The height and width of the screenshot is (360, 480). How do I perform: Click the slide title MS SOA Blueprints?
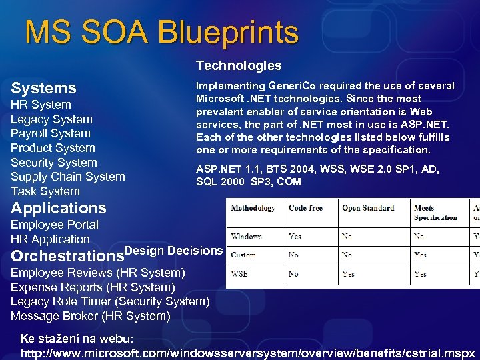[x=161, y=32]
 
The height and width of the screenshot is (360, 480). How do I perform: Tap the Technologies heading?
[x=238, y=65]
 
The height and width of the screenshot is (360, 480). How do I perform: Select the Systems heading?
[x=43, y=88]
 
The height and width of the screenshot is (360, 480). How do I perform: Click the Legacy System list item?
[x=51, y=119]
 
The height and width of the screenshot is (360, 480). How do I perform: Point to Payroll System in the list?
[x=50, y=133]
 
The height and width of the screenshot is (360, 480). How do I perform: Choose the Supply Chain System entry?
[x=67, y=177]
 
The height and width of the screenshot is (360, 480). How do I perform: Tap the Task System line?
[x=45, y=191]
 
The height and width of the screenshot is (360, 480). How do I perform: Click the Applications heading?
[x=58, y=208]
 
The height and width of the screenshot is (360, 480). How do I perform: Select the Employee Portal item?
[x=54, y=225]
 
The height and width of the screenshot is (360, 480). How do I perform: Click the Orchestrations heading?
[x=67, y=256]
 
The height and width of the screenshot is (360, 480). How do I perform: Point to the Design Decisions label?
[x=173, y=250]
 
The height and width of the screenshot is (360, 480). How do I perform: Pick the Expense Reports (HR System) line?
[x=93, y=287]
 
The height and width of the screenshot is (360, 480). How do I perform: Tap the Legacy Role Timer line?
[x=110, y=301]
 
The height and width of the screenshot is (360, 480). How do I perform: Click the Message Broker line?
[x=90, y=316]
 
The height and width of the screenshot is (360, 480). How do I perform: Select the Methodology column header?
[x=254, y=208]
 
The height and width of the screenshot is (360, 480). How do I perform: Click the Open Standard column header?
[x=368, y=208]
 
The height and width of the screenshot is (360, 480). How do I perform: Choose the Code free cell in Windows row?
[x=295, y=236]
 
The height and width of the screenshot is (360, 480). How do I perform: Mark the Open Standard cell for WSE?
[x=348, y=273]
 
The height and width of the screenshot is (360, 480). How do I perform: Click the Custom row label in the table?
[x=243, y=255]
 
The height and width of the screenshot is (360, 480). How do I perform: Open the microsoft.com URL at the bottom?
[x=248, y=353]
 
